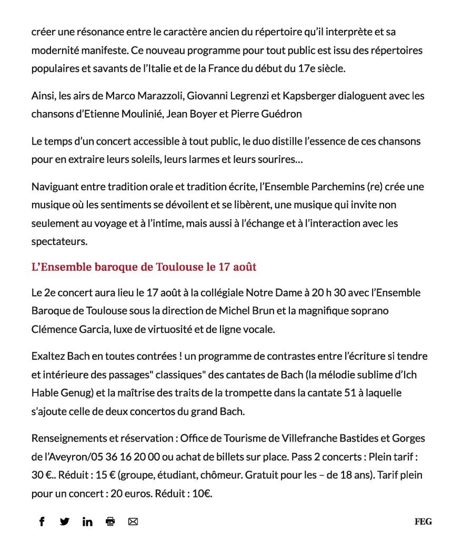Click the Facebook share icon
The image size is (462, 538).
point(42,522)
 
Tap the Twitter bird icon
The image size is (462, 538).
point(65,522)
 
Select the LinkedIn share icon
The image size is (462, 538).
point(87,522)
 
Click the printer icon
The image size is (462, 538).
point(110,522)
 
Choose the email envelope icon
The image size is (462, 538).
point(133,522)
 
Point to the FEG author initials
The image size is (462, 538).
point(423,522)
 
